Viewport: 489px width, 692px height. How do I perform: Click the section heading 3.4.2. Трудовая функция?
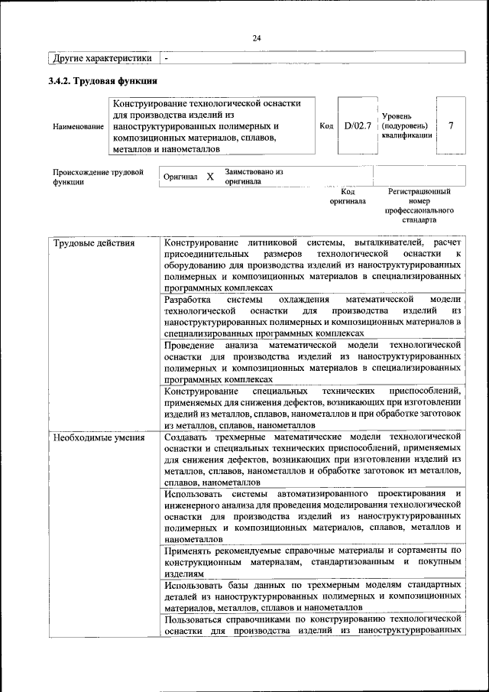[x=103, y=80]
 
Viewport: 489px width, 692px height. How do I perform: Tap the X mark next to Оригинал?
[x=210, y=177]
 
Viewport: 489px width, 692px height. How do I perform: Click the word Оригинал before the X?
[x=181, y=177]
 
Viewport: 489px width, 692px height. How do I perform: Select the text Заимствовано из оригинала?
[x=254, y=177]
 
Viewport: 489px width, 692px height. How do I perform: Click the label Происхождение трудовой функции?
[x=98, y=177]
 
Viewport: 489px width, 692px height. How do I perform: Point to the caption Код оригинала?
[x=348, y=197]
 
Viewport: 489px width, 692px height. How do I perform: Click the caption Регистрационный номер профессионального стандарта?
[x=419, y=205]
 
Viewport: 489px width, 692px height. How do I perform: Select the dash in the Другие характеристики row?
[x=167, y=58]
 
